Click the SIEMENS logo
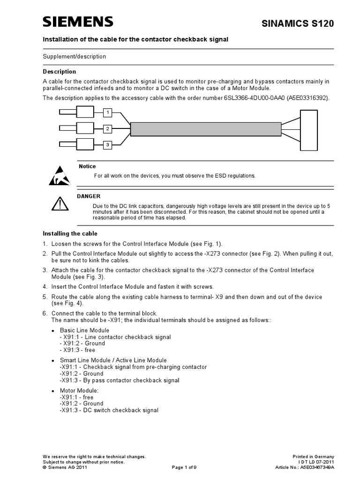78,22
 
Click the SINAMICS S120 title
305,24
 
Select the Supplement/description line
75,57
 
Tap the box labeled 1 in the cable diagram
108,112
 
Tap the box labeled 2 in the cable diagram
108,128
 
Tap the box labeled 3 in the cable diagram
108,145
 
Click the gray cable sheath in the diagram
206,129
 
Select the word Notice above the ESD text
87,166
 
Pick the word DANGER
89,196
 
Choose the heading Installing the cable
70,233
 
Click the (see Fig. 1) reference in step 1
207,244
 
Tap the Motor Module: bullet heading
79,390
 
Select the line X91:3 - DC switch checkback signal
109,410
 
